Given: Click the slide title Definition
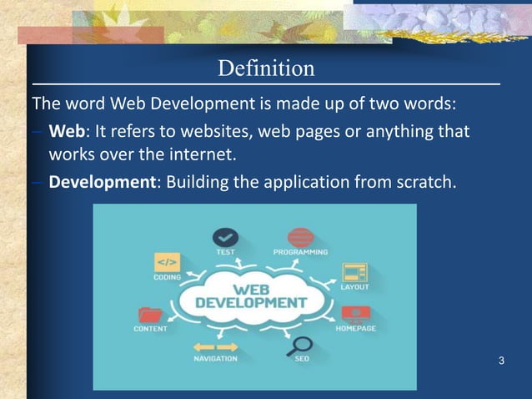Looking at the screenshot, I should point(266,68).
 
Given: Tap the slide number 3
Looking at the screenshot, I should point(500,361).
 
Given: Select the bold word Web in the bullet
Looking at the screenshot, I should point(66,132).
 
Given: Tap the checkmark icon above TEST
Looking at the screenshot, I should point(225,236).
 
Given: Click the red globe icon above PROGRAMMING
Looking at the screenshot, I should point(299,236).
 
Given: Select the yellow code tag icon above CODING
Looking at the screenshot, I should point(167,262).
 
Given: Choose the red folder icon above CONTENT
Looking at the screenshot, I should point(151,314).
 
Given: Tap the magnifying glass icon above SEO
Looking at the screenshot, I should point(300,344).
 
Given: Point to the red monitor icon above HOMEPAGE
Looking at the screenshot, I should point(356,314).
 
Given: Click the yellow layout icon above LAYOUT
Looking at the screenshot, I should point(355,271).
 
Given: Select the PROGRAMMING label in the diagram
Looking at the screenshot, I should point(300,251).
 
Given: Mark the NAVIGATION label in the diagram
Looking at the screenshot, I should point(215,359).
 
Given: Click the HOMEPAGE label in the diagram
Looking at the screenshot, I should point(356,328).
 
